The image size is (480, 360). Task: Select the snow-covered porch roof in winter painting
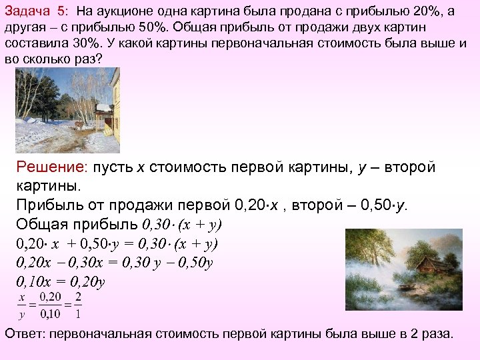coord(103,108)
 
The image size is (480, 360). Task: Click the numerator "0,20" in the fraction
coord(51,296)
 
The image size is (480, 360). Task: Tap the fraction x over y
coord(22,305)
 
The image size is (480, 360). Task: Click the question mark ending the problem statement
coord(101,59)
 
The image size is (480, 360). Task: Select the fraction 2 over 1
coord(79,305)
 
